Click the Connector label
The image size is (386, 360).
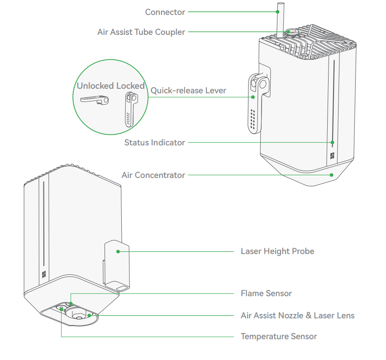165,12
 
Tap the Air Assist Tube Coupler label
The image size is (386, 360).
141,32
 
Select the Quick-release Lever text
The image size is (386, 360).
188,91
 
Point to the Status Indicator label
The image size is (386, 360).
155,143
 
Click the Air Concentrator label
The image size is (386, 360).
153,175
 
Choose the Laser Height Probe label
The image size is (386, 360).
277,251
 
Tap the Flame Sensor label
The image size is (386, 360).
266,293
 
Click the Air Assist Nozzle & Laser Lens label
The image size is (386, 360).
297,315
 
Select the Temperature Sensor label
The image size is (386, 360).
279,336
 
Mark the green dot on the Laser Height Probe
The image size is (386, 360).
118,251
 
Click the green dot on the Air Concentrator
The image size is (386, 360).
332,175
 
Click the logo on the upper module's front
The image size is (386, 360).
332,156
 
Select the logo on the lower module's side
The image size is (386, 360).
44,274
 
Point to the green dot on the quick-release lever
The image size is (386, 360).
253,96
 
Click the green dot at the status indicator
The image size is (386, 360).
332,143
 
